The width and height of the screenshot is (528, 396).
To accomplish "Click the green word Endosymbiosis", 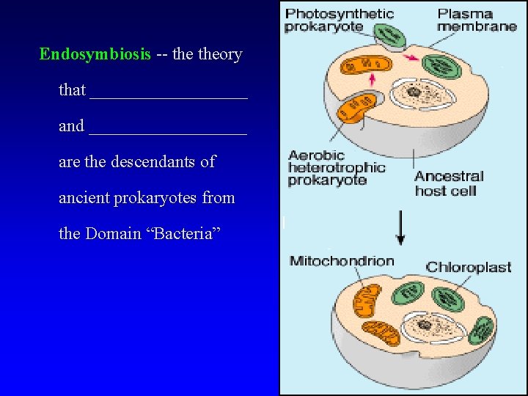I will tap(95, 54).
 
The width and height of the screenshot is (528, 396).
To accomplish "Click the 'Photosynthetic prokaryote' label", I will tap(339, 20).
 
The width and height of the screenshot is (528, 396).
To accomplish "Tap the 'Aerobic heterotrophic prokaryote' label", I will tap(336, 168).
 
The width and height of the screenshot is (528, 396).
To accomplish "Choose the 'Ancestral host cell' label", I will tap(449, 183).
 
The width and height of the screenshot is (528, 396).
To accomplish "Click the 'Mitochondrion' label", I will tap(342, 261).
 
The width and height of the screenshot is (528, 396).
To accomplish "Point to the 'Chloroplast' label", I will tap(469, 267).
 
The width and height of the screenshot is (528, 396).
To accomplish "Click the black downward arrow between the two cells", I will tap(400, 228).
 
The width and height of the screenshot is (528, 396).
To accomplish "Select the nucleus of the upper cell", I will tap(415, 93).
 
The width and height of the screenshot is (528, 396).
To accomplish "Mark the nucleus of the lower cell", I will tap(425, 323).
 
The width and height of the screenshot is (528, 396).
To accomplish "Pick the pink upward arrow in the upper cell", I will tap(373, 78).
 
